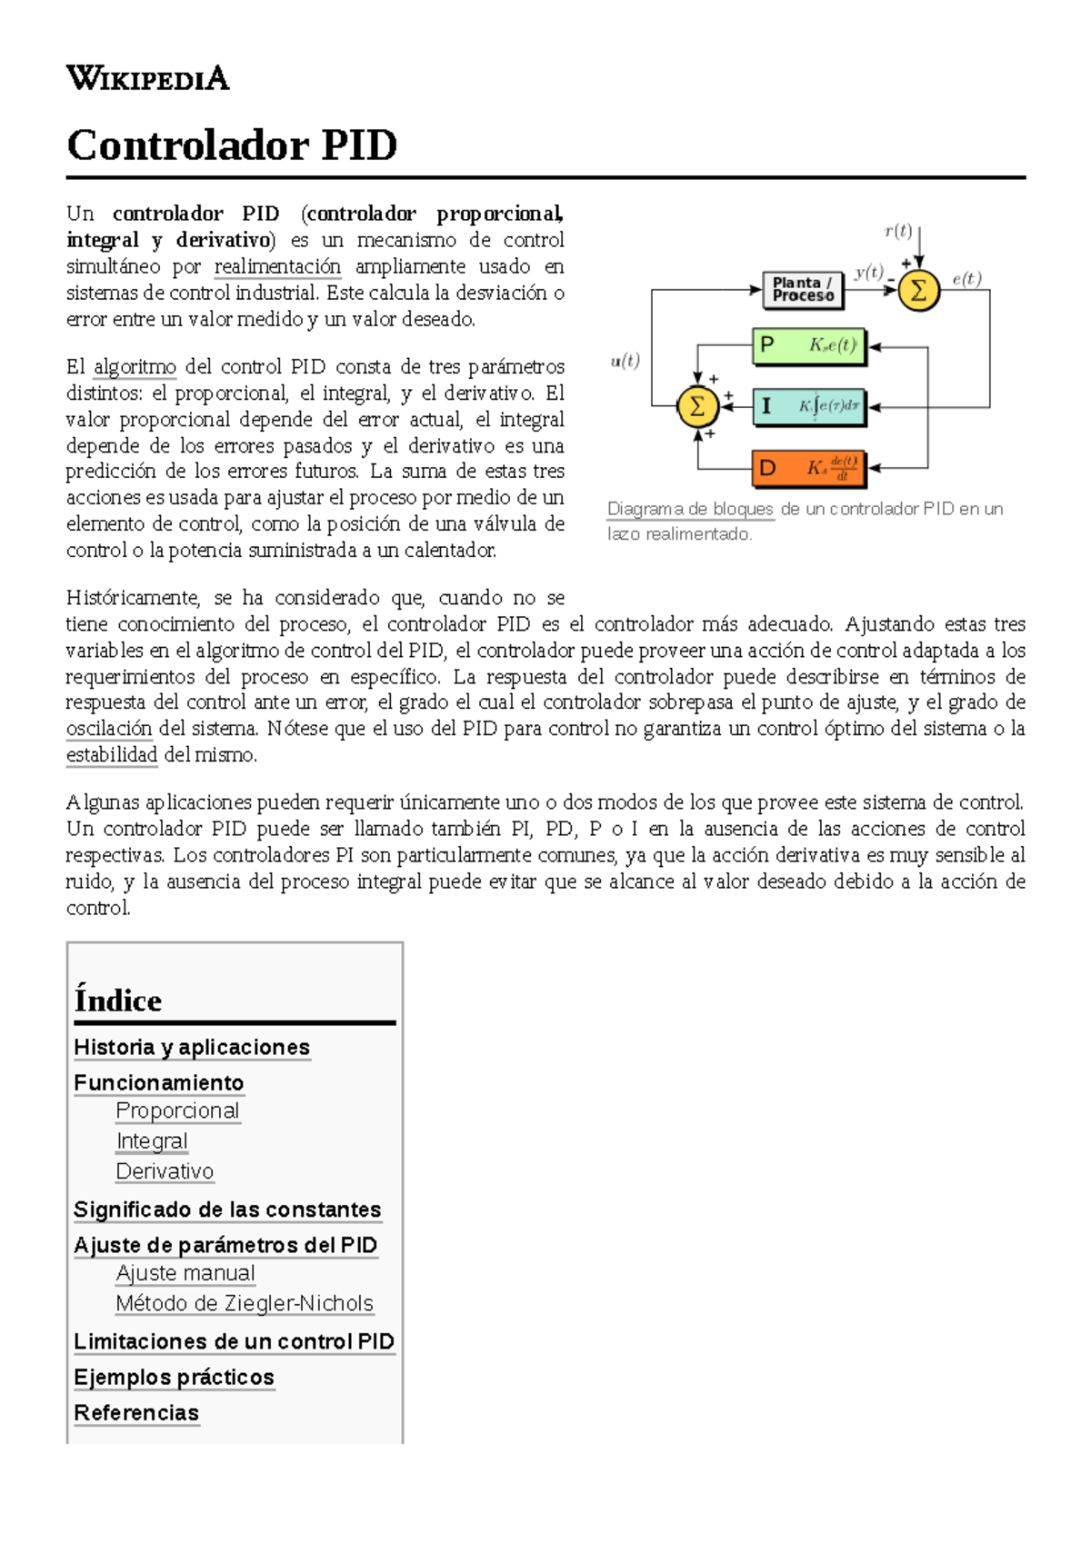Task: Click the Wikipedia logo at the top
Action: click(147, 78)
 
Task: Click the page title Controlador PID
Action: click(232, 145)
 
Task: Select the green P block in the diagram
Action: click(809, 346)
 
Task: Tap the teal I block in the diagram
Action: click(809, 406)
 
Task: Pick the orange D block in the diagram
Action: click(809, 469)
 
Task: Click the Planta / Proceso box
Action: click(803, 290)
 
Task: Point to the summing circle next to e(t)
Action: click(918, 291)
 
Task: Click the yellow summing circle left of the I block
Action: click(697, 406)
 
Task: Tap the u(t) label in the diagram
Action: click(626, 361)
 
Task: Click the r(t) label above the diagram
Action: click(898, 231)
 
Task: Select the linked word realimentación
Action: click(277, 266)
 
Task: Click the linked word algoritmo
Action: click(135, 367)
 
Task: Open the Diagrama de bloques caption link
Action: click(690, 509)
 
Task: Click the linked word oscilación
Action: click(109, 729)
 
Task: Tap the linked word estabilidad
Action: click(112, 755)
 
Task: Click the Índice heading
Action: click(118, 1000)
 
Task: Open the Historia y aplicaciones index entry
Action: click(192, 1048)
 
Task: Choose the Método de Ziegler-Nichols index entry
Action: click(245, 1304)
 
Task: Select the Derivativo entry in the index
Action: click(165, 1172)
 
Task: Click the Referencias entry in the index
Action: click(136, 1413)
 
